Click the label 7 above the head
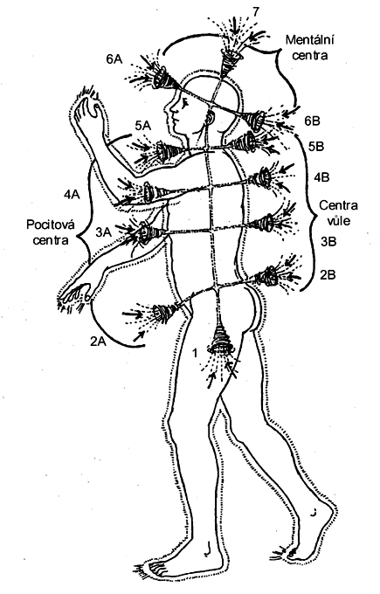tap(256, 11)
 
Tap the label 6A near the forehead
tap(114, 59)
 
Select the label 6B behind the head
tap(312, 121)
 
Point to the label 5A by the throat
tap(143, 126)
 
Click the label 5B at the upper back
tap(316, 146)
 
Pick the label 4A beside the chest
tap(72, 195)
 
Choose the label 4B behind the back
tap(321, 177)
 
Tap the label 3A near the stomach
tap(103, 232)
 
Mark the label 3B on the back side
tap(328, 241)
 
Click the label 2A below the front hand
tap(98, 342)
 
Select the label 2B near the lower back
tap(328, 274)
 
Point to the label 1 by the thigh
tap(195, 353)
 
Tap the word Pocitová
tap(51, 224)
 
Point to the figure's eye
tap(184, 102)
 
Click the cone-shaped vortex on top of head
tap(230, 61)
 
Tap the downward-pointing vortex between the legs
tap(220, 339)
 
